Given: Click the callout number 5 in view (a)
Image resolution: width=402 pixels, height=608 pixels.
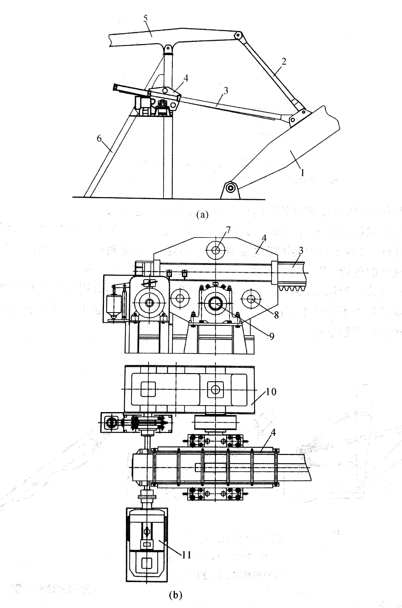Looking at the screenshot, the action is pos(146,18).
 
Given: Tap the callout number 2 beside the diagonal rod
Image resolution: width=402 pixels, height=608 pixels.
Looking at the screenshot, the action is pos(284,61).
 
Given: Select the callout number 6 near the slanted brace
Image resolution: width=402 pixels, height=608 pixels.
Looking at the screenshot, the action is pos(99,139).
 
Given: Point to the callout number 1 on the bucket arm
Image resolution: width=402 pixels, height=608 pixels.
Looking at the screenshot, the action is pos(303,172).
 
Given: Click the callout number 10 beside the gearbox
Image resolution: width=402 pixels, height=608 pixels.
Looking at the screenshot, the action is pos(271,392).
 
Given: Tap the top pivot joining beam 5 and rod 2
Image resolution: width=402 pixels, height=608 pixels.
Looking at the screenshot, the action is pos(238,35).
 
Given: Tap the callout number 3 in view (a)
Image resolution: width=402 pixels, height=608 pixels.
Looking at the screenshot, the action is pos(226,91).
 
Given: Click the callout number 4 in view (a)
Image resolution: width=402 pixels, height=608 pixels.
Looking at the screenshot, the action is pos(186,78).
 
